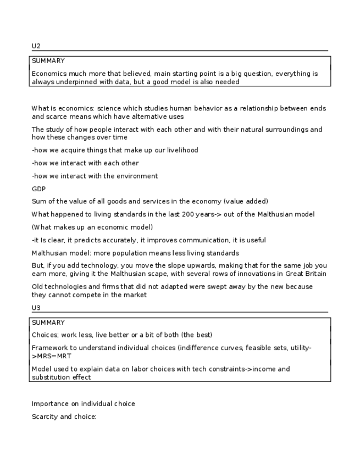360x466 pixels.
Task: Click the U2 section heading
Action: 36,46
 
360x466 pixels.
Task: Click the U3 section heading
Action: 36,308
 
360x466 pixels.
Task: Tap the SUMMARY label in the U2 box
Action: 48,61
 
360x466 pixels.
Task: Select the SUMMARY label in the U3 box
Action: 48,323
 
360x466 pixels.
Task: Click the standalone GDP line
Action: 38,189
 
